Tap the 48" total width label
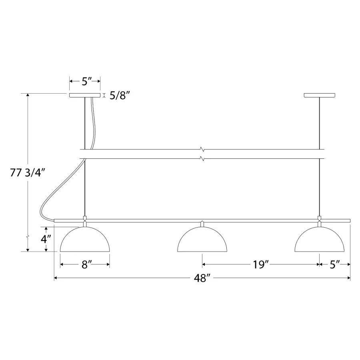point(202,278)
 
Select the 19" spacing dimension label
point(260,264)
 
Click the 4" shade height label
point(46,239)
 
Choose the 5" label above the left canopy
point(87,81)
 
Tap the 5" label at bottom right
point(335,264)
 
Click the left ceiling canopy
point(85,95)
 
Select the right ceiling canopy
point(319,95)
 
